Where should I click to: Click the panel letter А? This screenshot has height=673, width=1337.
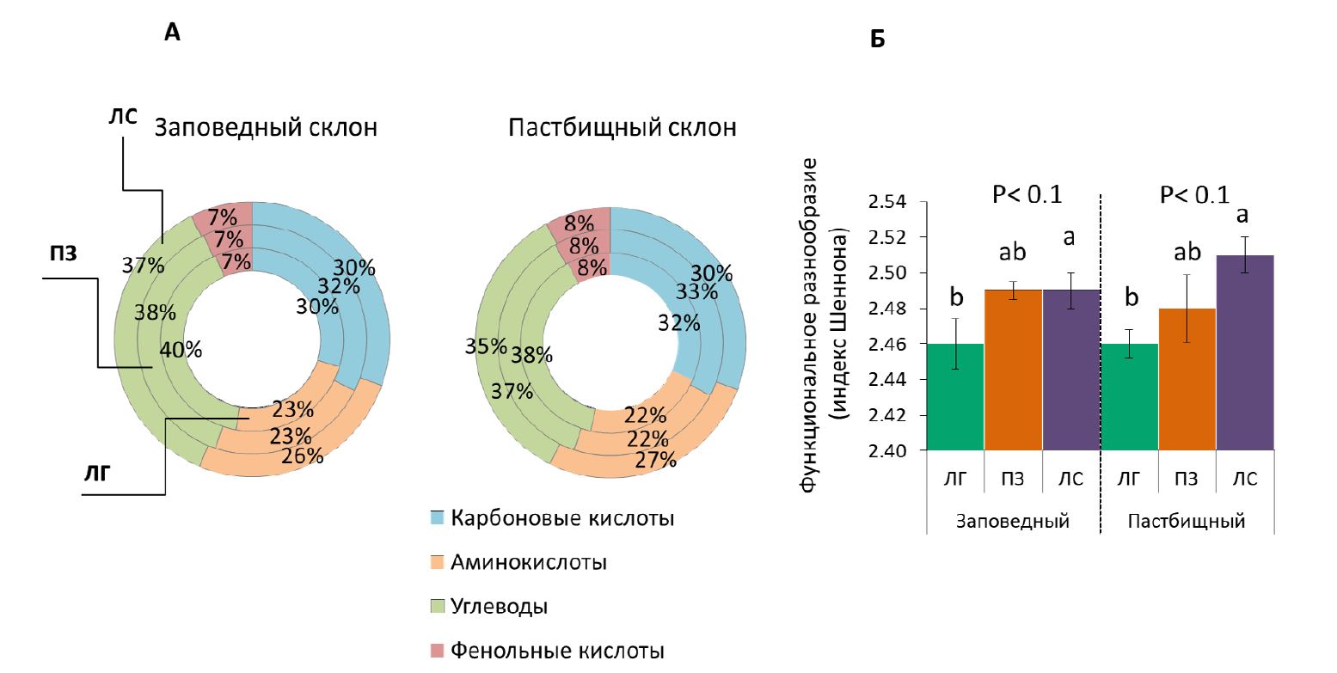(x=172, y=33)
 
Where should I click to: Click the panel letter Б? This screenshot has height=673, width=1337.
(x=877, y=40)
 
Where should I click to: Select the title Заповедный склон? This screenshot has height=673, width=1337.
(x=266, y=129)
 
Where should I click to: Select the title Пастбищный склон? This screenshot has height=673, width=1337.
(x=623, y=129)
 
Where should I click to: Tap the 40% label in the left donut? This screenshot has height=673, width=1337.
(x=181, y=350)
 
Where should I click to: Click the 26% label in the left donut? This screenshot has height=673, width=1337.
(x=302, y=456)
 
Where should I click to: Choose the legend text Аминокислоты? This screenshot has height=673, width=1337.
(x=529, y=562)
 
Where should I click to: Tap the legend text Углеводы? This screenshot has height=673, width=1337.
(x=500, y=606)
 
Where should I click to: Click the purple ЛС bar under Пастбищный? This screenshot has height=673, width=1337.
(x=1244, y=352)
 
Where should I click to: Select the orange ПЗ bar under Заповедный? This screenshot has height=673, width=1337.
(x=1014, y=370)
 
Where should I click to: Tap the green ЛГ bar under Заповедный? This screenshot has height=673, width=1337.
(x=955, y=396)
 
